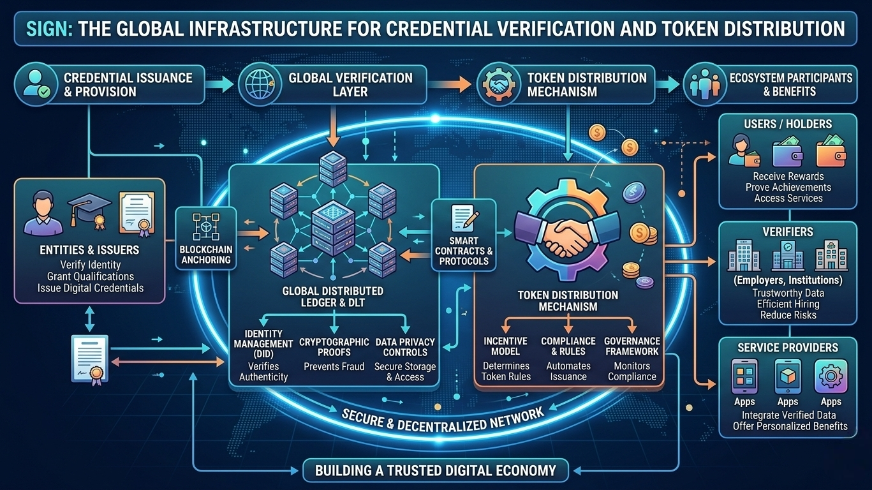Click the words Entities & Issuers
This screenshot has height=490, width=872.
point(90,251)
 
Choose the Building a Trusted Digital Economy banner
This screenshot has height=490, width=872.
point(436,471)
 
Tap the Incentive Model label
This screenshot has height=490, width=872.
point(506,346)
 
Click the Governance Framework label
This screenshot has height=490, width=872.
point(632,346)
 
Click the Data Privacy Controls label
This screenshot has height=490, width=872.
point(405,347)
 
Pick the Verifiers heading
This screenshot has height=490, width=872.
point(788,232)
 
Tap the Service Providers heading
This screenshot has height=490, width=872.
point(788,348)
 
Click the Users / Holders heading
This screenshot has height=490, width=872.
point(788,123)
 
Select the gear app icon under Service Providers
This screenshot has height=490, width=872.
point(831,376)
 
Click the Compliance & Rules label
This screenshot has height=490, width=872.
point(568,346)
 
